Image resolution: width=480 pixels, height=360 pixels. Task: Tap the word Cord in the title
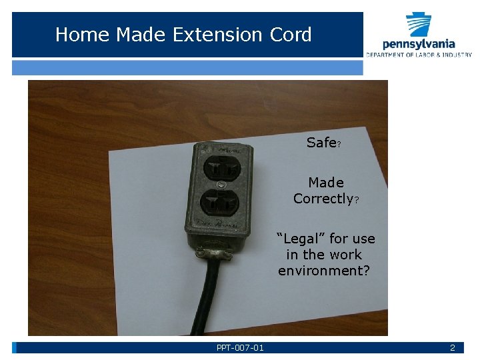(x=291, y=35)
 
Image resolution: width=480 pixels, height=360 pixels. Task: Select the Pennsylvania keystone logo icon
(x=419, y=25)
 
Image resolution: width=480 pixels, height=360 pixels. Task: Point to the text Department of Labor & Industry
(x=418, y=55)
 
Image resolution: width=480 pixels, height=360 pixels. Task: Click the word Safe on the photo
(x=321, y=143)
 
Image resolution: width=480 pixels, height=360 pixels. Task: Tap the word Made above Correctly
(x=326, y=182)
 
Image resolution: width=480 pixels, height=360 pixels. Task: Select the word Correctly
(x=323, y=199)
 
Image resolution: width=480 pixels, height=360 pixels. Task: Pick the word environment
(x=323, y=271)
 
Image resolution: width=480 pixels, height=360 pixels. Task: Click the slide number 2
(x=452, y=348)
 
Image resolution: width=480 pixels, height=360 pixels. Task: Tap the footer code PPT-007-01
(x=240, y=348)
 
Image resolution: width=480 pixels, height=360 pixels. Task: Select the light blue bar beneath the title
(x=187, y=68)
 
